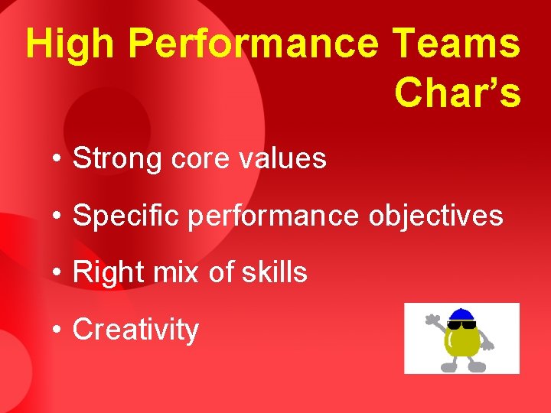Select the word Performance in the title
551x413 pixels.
point(253,44)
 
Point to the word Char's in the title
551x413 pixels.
point(458,93)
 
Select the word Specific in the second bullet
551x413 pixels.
point(126,216)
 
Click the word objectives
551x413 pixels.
point(435,216)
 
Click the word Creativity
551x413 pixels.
point(135,330)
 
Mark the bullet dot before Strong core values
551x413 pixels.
point(57,160)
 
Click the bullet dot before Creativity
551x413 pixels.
point(57,330)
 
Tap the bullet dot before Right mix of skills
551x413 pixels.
point(57,273)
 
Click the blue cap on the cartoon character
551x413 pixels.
point(461,314)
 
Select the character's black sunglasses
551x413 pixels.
point(461,324)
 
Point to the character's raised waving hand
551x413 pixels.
point(433,320)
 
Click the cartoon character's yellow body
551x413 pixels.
point(461,344)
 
